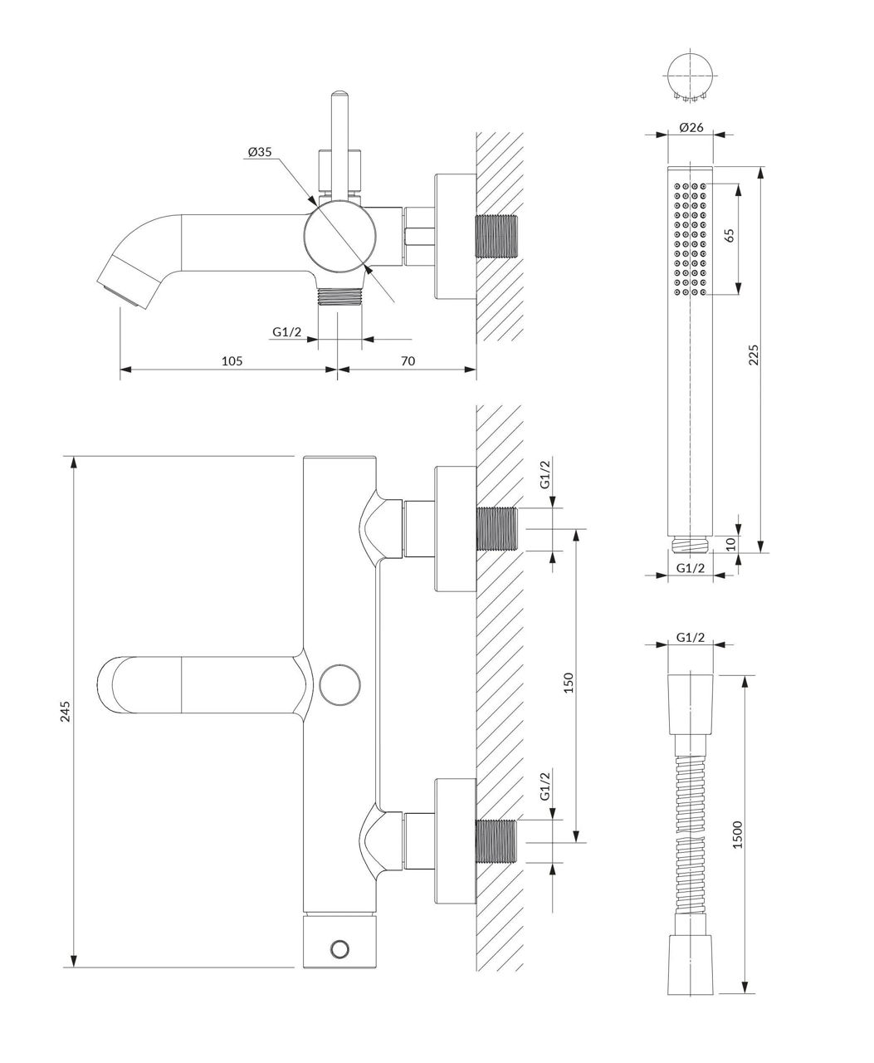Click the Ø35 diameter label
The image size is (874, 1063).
260,152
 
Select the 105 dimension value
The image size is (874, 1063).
232,361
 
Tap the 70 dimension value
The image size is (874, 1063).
408,361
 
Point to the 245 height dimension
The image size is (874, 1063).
66,711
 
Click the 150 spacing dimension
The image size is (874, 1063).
569,683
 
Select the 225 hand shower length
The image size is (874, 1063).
753,355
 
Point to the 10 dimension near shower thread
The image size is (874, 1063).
731,543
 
